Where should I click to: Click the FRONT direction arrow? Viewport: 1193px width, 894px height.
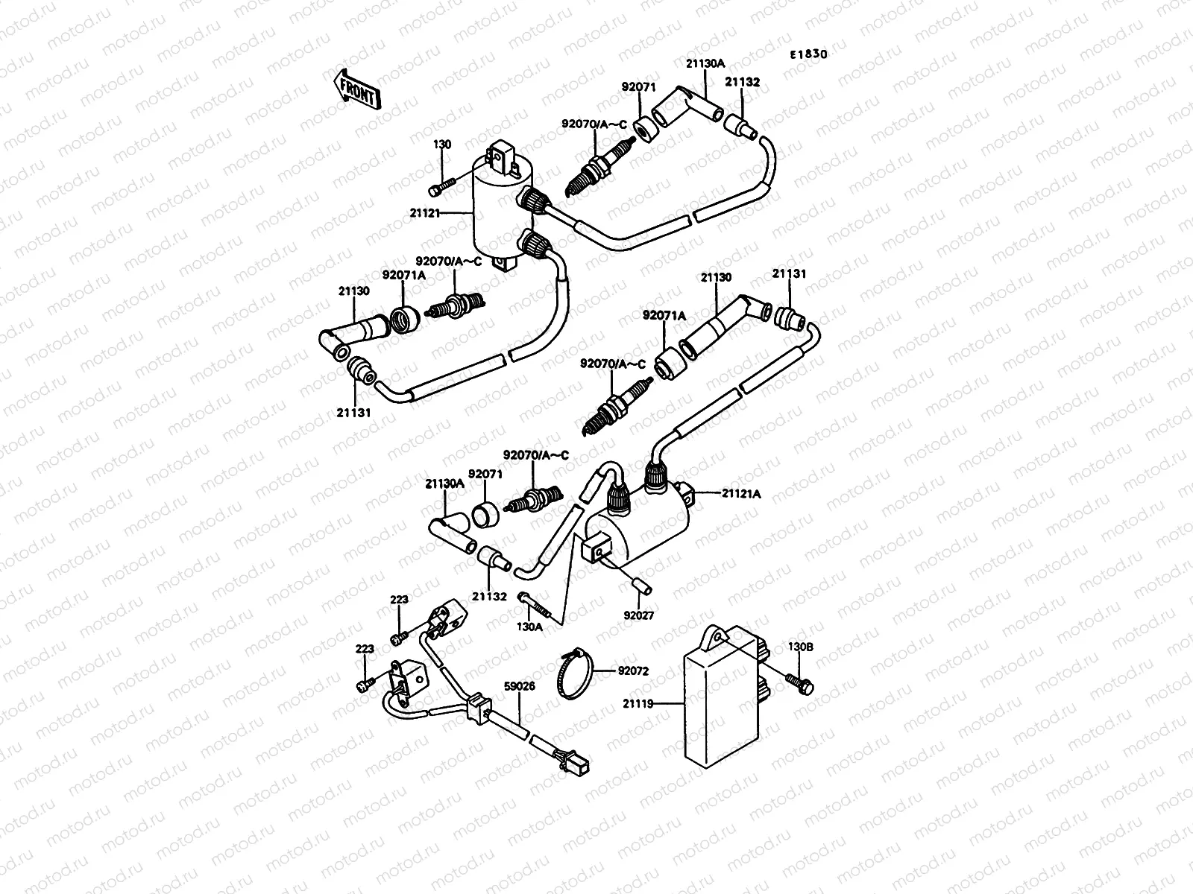click(357, 90)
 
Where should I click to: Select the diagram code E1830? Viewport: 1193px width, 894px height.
click(809, 54)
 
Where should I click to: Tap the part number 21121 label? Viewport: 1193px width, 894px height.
click(424, 212)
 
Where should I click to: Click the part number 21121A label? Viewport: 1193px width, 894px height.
click(741, 493)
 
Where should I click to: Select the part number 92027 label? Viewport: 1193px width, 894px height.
click(638, 615)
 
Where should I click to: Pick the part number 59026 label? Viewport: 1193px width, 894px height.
click(520, 686)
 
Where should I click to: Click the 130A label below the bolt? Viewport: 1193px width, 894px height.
click(529, 627)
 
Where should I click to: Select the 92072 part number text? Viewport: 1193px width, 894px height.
click(633, 670)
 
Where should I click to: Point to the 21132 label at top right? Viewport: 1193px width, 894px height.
click(743, 83)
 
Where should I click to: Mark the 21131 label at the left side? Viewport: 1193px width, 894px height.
click(353, 411)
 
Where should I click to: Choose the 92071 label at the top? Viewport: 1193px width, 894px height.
click(639, 87)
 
